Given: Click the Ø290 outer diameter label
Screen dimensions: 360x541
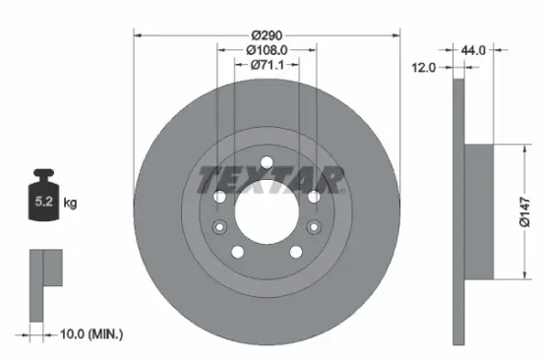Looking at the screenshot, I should (266, 33).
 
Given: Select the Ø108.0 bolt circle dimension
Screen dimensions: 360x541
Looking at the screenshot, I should (266, 49).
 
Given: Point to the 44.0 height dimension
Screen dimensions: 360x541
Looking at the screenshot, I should (475, 47).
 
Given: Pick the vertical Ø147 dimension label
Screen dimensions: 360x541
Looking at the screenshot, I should (525, 209).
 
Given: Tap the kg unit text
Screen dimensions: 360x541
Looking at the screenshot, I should (71, 204).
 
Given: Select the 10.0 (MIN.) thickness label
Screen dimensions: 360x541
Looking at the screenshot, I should (89, 335).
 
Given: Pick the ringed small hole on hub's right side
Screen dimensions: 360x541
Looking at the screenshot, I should (313, 227).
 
